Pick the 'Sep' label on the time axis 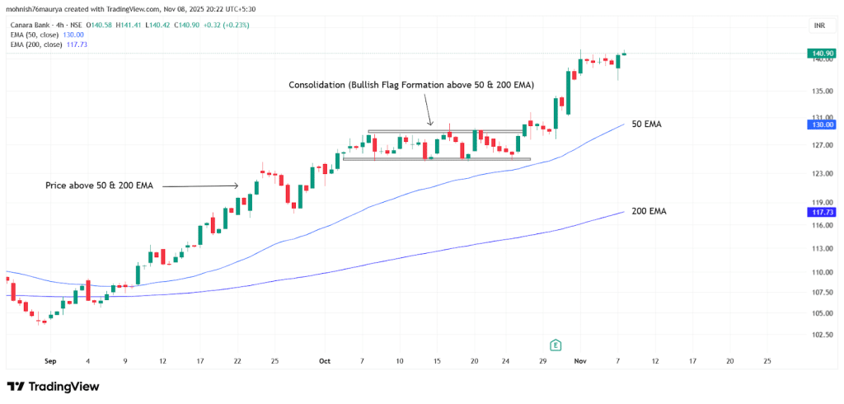point(50,361)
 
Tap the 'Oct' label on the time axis point(324,361)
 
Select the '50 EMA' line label point(647,124)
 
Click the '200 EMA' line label point(649,211)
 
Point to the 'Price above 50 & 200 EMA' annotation point(99,186)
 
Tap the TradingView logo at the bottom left point(53,386)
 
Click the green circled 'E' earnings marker point(556,345)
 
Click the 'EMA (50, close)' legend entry point(38,35)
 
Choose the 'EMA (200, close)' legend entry point(40,45)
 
